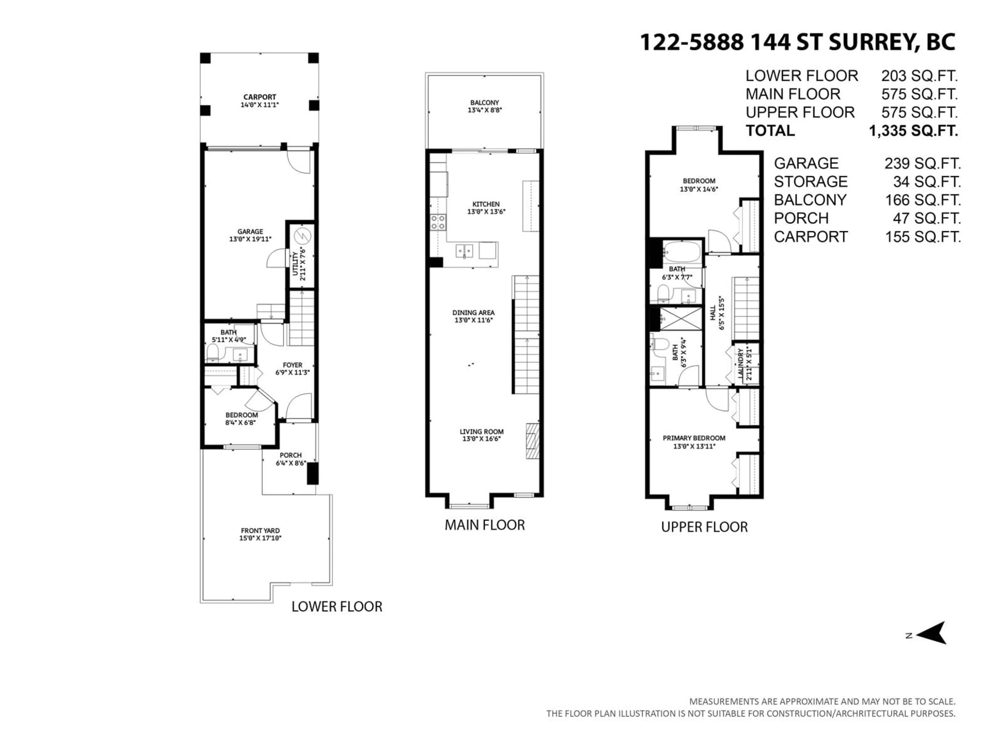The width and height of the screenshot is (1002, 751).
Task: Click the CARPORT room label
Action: (x=260, y=97)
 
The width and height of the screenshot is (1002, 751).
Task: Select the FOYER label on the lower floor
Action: (x=292, y=365)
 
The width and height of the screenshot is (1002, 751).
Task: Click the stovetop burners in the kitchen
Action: (x=438, y=222)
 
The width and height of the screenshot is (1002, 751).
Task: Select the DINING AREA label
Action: (x=473, y=312)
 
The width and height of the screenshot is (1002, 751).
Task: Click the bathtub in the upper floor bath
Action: (x=682, y=252)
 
